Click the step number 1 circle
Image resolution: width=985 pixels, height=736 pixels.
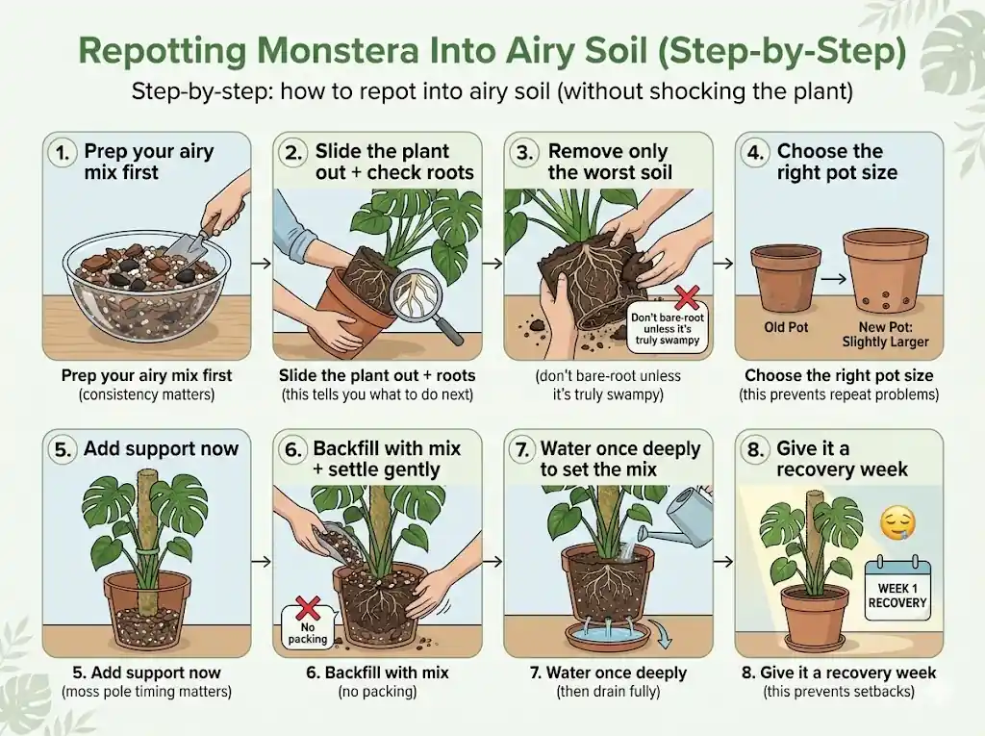pos(64,152)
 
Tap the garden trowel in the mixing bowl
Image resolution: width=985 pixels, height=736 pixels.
pos(184,241)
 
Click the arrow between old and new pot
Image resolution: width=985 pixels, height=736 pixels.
pos(832,278)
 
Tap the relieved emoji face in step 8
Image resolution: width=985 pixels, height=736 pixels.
pos(897,523)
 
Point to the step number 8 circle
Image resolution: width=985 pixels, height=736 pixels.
pos(756,448)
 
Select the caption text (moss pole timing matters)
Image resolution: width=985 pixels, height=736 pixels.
pos(146,691)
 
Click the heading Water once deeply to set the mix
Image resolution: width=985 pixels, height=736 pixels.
pos(620,459)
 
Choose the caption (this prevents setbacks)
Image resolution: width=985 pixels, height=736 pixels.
pos(839,691)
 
